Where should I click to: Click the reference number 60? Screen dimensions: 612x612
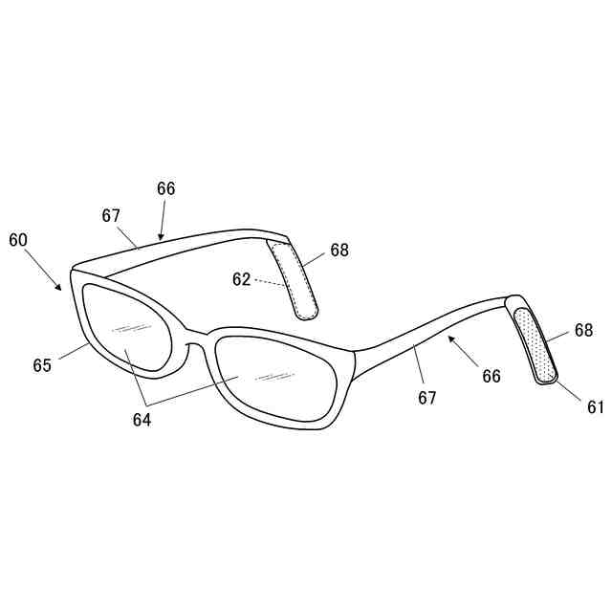point(19,240)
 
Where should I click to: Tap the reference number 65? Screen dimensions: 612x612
point(42,365)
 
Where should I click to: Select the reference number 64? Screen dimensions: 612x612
point(142,418)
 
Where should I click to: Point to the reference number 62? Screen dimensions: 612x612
point(241,279)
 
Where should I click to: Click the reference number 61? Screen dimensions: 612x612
point(596,407)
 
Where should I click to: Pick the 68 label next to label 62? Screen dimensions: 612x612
point(339,251)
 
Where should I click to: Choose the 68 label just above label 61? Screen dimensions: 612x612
point(583,331)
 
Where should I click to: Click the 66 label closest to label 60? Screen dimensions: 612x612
point(166,188)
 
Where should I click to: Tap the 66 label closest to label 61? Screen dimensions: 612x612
point(492,377)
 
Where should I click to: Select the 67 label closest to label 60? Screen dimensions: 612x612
point(112,215)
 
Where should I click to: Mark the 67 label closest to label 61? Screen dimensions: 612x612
point(427,398)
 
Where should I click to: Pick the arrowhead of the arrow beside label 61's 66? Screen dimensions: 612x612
point(448,337)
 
